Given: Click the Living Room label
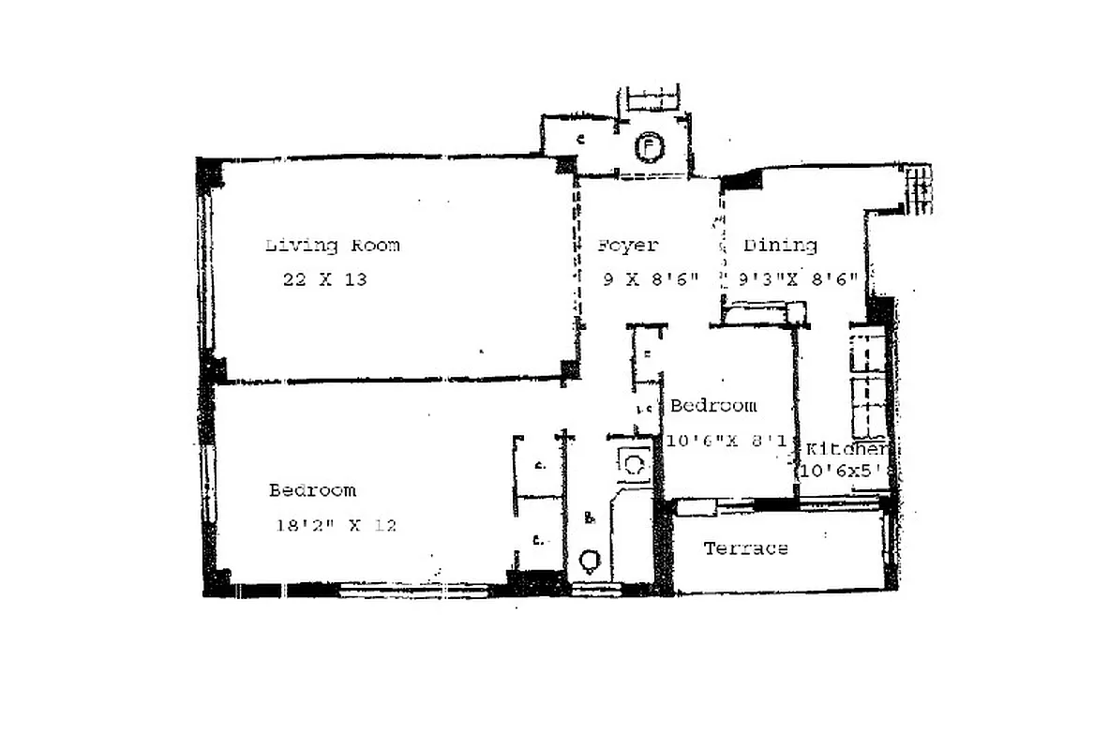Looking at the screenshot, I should point(332,246).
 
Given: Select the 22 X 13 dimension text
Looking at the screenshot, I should point(324,279).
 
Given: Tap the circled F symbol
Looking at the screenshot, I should point(648,147).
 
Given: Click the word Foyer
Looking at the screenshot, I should point(628,246).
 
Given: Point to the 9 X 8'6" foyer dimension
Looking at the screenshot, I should point(650,279).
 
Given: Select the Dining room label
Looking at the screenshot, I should point(780,246).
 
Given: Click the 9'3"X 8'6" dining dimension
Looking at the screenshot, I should point(798,279).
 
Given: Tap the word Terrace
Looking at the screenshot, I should point(746,548).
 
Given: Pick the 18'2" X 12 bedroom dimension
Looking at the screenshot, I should point(335,525).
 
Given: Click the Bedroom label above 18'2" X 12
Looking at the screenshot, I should point(312,490).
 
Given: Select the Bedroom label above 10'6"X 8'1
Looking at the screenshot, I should point(712,406).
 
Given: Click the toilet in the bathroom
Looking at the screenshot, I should point(590,561).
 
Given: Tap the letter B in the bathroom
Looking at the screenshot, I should point(589,517).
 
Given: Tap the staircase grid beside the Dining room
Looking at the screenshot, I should point(919,190).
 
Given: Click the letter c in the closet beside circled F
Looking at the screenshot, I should point(581,139).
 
